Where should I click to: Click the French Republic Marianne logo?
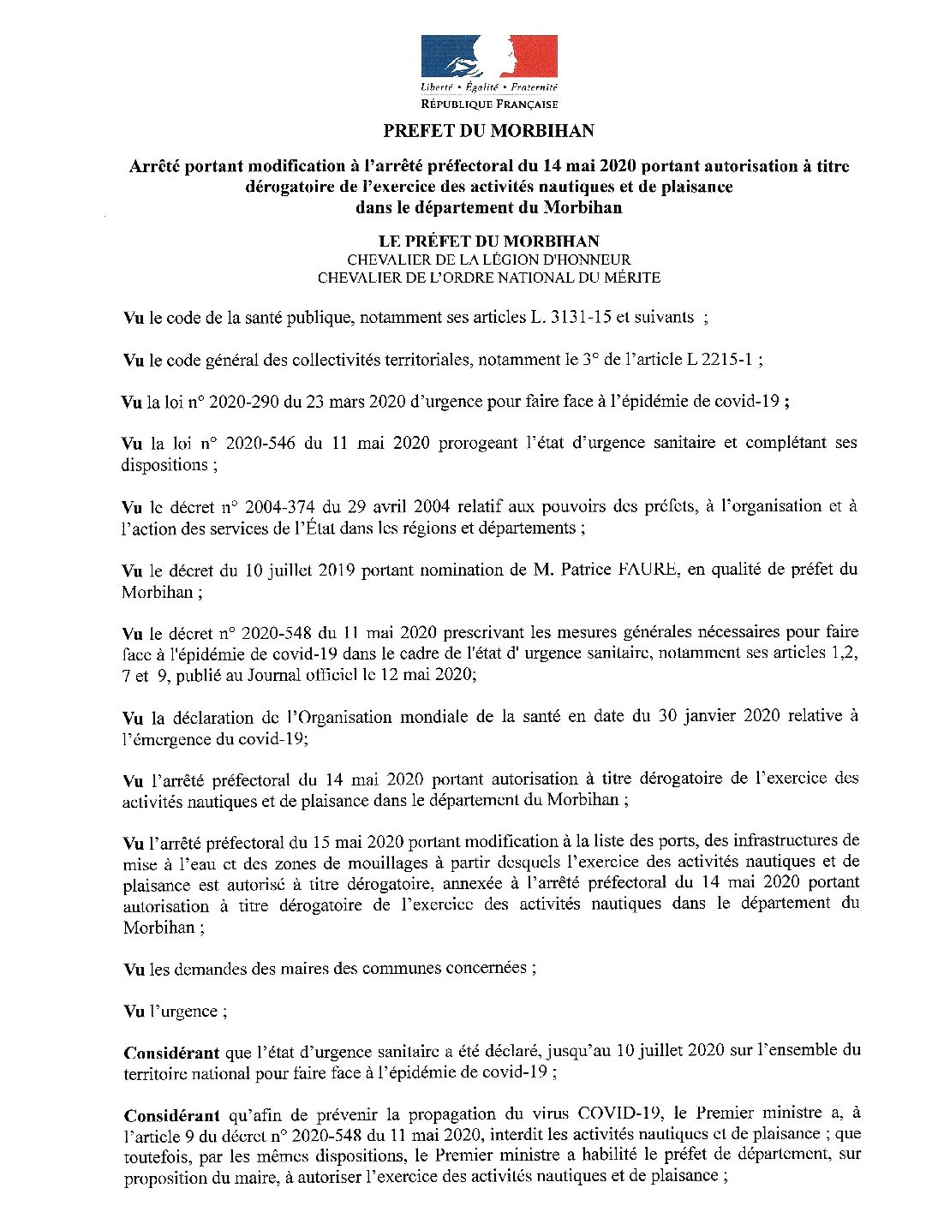[x=489, y=57]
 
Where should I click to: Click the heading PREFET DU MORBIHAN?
[x=488, y=131]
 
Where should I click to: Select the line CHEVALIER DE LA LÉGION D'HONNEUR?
[x=488, y=260]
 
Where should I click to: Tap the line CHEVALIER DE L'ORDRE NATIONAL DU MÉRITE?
[x=488, y=278]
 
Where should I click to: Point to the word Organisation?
[x=326, y=716]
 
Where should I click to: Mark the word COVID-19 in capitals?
[x=619, y=1114]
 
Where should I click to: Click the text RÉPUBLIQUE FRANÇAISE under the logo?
[x=489, y=104]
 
